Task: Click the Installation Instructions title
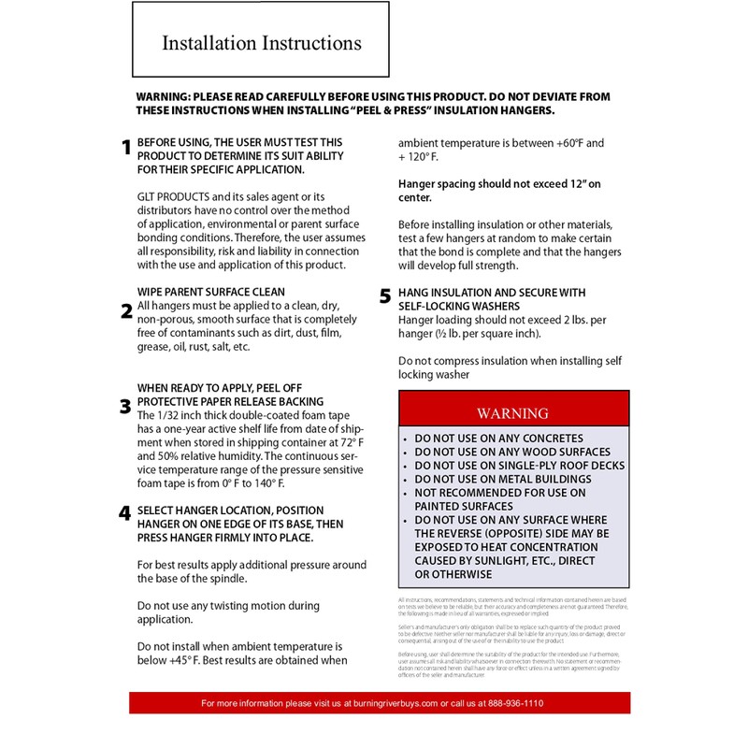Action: click(x=261, y=43)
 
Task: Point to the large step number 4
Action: click(x=125, y=513)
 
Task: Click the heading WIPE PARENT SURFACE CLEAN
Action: click(x=211, y=292)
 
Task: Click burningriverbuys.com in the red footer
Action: click(x=391, y=703)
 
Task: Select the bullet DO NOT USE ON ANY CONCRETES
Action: click(x=499, y=439)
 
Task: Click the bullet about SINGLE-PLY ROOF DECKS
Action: click(x=520, y=465)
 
